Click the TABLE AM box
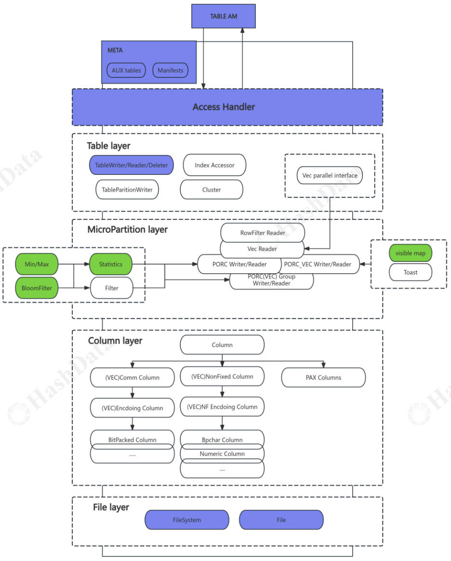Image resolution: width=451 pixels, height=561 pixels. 224,16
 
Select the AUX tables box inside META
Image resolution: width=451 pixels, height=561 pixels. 126,70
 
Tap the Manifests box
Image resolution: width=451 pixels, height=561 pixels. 171,70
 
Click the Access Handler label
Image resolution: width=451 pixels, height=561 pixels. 224,107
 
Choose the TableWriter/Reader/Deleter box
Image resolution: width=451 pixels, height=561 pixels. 132,165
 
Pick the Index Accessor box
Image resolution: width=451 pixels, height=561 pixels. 214,165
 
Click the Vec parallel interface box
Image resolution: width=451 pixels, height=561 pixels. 330,175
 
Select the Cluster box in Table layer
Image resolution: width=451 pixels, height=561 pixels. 212,190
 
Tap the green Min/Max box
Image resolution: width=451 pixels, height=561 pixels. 37,264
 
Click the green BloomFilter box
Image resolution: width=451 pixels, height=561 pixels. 37,288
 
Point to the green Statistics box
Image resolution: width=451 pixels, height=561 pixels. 111,264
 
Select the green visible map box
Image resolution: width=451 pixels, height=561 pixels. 411,253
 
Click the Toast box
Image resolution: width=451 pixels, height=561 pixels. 411,272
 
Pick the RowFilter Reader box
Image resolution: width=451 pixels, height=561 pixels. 263,232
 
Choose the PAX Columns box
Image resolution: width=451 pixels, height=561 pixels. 323,377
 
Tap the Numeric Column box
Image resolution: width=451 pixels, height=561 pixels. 222,454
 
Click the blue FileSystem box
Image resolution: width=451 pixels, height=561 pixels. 187,520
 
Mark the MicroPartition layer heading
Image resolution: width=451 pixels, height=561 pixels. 128,229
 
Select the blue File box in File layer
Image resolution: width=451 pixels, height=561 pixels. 281,520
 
